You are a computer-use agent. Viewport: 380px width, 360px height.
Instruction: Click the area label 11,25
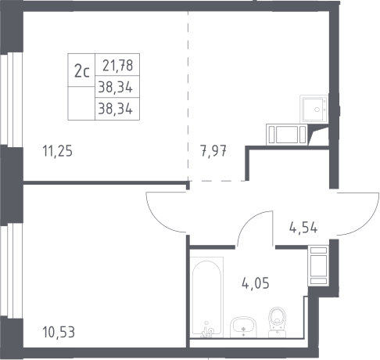[x=58, y=151]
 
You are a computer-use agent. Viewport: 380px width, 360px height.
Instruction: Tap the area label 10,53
[x=59, y=333]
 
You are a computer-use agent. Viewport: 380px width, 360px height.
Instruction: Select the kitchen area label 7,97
[x=213, y=151]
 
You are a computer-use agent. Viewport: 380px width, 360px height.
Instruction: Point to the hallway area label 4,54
[x=303, y=228]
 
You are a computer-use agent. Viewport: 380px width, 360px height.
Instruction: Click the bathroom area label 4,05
[x=256, y=283]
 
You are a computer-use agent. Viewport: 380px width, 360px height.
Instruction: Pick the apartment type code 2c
[x=82, y=71]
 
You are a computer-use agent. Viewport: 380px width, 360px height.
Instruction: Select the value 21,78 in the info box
[x=117, y=65]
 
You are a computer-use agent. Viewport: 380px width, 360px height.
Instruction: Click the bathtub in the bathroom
[x=207, y=297]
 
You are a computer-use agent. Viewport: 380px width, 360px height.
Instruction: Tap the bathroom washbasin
[x=243, y=327]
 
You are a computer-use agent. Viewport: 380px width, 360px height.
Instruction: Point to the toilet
[x=278, y=322]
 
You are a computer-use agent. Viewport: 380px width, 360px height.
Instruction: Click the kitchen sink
[x=314, y=109]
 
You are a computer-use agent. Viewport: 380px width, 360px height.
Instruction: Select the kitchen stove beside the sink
[x=287, y=135]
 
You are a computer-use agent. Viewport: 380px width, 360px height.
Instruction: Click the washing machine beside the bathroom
[x=318, y=265]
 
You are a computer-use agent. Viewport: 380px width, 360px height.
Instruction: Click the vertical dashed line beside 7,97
[x=188, y=96]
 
